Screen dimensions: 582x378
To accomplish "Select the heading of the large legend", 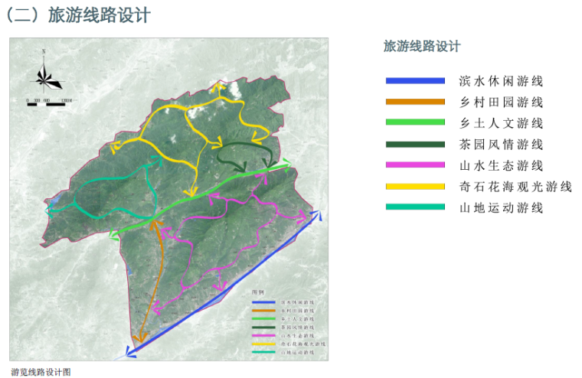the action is click(422, 47).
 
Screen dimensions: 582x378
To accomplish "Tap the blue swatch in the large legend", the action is click(414, 80).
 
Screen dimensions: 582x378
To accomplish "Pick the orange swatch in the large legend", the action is click(414, 102).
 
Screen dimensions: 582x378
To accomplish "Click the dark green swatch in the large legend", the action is click(414, 144).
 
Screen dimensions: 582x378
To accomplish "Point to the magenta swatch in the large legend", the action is click(414, 165).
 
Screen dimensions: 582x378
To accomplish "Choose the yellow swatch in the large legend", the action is click(414, 186).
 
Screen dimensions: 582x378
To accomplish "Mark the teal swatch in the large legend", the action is click(414, 207).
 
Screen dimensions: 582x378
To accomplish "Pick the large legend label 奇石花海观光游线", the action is click(515, 186).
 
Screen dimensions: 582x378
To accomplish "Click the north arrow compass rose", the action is click(45, 74).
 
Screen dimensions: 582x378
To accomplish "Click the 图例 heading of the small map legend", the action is click(258, 292).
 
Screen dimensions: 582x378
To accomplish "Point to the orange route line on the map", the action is click(162, 268).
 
